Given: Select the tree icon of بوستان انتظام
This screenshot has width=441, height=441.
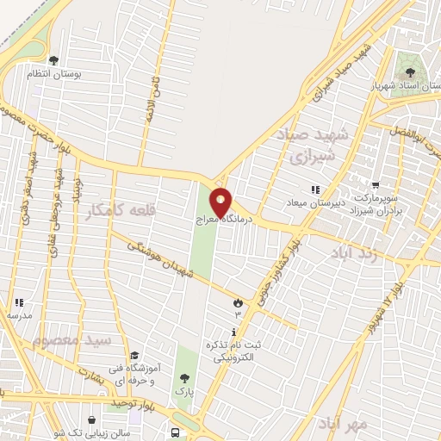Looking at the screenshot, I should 53,60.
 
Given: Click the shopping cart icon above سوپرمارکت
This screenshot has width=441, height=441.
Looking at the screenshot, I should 376,184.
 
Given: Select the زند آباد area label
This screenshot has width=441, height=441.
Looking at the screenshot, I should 356,252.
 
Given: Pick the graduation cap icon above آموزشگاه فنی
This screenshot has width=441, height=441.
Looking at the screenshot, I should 134,355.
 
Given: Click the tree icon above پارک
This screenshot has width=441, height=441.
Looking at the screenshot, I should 183,377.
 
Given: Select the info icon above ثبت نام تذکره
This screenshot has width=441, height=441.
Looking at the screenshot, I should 233,332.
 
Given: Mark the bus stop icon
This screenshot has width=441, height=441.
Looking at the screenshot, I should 176,432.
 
